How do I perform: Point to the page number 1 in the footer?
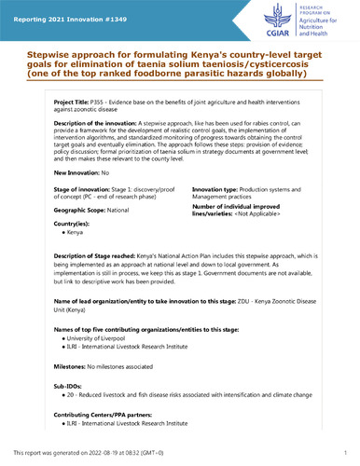point(346,452)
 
